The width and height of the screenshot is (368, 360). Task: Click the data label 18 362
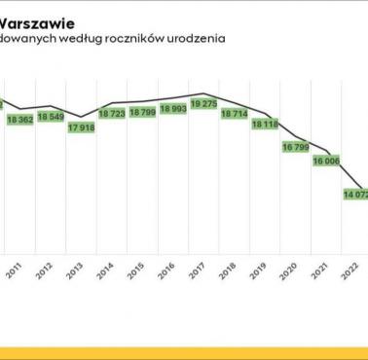(19, 119)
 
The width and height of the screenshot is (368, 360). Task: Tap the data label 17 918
(82, 127)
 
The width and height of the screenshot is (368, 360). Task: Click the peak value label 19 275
(203, 103)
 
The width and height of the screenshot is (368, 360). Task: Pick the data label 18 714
(235, 113)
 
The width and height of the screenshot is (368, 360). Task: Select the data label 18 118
(265, 125)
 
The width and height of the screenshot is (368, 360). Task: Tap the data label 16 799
(295, 147)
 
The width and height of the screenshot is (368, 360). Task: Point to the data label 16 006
(325, 162)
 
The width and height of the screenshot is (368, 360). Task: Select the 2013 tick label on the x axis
(74, 274)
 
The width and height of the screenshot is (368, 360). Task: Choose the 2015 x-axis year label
(134, 274)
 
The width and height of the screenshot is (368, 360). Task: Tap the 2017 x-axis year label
(196, 274)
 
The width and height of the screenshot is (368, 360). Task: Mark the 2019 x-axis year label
(257, 274)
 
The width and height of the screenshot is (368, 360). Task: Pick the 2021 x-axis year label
(317, 274)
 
